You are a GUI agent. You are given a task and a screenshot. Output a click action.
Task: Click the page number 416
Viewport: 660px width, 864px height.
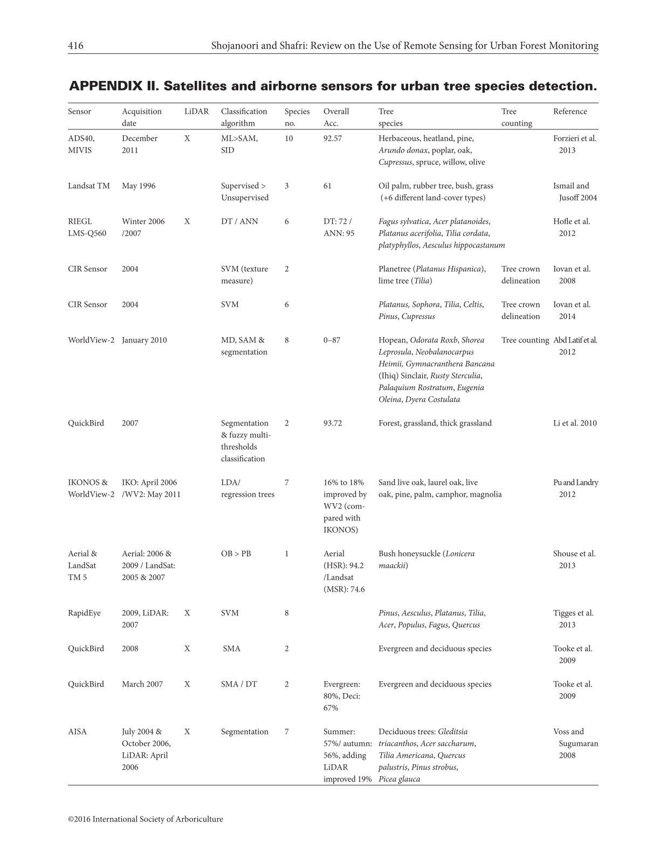(75, 46)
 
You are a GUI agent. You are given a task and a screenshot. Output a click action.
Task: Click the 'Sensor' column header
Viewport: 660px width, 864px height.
(79, 112)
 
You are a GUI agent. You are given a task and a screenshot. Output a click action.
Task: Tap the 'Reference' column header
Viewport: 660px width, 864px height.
(570, 112)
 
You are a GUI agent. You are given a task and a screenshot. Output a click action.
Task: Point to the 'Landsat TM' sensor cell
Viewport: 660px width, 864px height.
(89, 186)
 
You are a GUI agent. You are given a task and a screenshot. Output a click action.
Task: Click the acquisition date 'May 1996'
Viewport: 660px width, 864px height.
(139, 186)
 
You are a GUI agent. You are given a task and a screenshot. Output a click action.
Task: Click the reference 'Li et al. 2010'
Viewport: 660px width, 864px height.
(575, 423)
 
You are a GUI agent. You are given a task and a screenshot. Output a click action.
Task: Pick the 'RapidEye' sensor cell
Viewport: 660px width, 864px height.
(84, 613)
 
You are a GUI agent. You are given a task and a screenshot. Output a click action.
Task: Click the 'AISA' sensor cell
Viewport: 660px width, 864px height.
(77, 732)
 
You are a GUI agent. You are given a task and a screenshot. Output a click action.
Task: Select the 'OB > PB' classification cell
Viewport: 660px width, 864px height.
(236, 554)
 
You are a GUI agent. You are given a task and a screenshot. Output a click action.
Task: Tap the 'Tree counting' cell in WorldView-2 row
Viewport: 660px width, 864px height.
(525, 340)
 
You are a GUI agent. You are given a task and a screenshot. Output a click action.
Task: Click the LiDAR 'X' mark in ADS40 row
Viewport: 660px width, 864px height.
(187, 139)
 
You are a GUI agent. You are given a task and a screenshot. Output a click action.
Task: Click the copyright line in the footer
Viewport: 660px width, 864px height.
(145, 819)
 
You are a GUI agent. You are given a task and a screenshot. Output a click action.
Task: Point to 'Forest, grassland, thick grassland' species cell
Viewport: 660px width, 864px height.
(435, 423)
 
